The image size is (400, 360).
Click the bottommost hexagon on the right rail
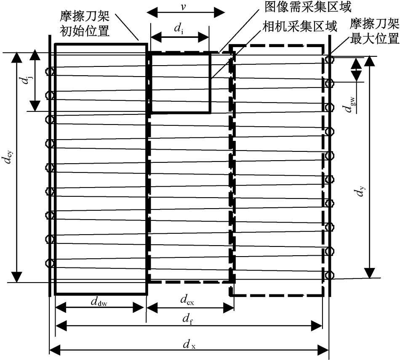(x=329, y=275)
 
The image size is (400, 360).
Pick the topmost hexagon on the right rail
(x=329, y=59)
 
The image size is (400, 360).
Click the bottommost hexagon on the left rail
(x=50, y=263)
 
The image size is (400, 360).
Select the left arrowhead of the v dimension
(x=148, y=12)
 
